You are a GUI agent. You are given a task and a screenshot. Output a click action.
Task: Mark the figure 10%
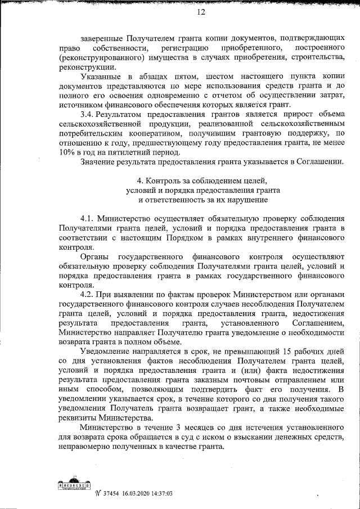coord(66,152)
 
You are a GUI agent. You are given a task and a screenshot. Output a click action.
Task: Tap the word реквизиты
coord(78,418)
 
